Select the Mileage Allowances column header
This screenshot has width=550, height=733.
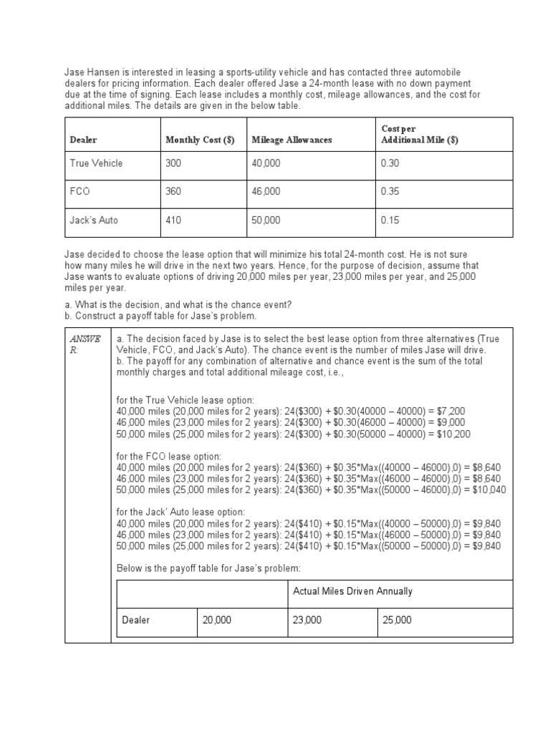tap(292, 140)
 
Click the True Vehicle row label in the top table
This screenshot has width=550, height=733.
tap(96, 163)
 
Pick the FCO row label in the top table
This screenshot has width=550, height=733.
tap(80, 192)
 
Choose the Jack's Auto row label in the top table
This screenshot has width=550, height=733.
tap(94, 220)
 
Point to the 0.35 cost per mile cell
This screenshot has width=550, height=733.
tap(390, 192)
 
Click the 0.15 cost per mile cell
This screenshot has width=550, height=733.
tap(390, 220)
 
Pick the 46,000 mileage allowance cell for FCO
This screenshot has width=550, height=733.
tap(266, 192)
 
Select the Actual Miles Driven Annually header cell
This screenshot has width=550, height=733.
tap(353, 591)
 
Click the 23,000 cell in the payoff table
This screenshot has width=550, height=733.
tap(308, 620)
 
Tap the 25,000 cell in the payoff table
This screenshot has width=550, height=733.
tap(397, 620)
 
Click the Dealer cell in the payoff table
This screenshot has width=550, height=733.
tap(136, 620)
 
